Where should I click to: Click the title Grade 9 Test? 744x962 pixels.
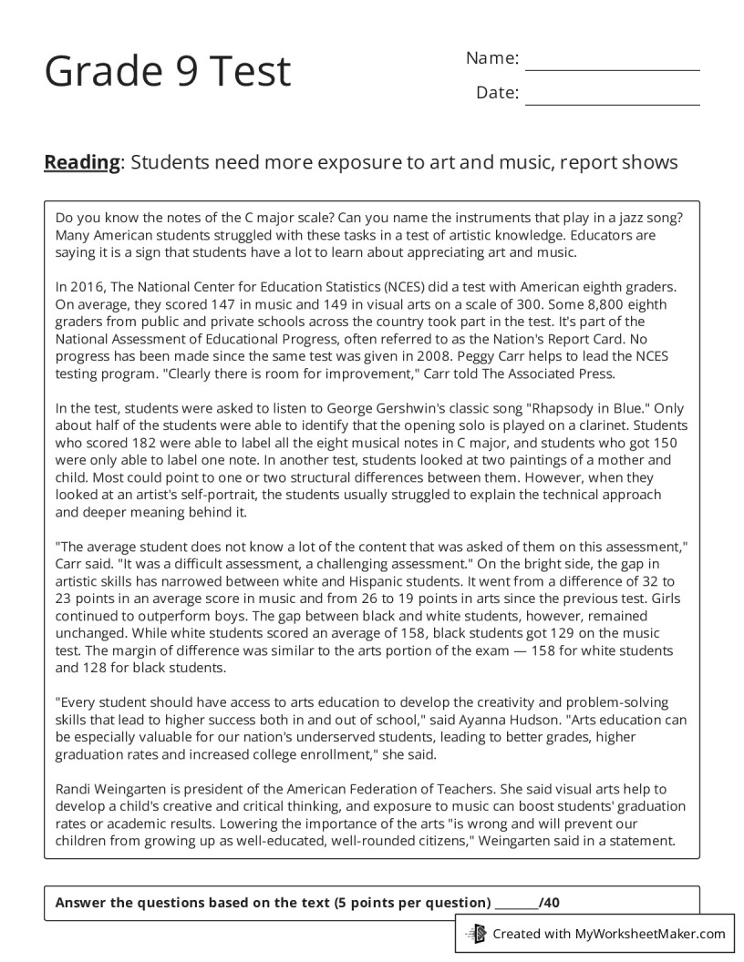168,71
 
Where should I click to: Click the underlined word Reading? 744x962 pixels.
82,162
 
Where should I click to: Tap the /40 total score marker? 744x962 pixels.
550,903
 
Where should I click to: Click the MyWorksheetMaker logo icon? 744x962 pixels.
476,933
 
